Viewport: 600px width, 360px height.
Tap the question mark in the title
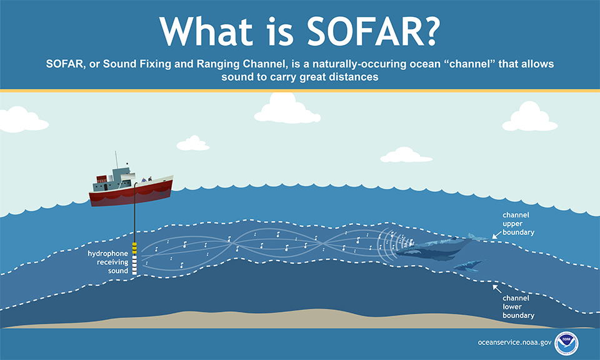click(431, 31)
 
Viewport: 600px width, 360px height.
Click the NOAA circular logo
click(566, 343)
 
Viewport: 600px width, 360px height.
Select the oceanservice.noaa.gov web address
click(514, 342)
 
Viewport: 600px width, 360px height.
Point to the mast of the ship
click(116, 160)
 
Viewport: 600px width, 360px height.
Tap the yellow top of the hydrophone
click(134, 248)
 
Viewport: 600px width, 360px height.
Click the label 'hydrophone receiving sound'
click(108, 262)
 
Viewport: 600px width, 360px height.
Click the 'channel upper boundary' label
click(519, 224)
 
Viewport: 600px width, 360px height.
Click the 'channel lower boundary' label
click(519, 307)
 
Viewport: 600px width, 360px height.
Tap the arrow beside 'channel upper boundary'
click(497, 235)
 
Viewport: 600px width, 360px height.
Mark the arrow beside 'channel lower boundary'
click(497, 289)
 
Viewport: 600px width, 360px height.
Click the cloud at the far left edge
click(23, 120)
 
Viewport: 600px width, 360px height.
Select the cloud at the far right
click(530, 117)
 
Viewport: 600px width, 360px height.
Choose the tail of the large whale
click(478, 237)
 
